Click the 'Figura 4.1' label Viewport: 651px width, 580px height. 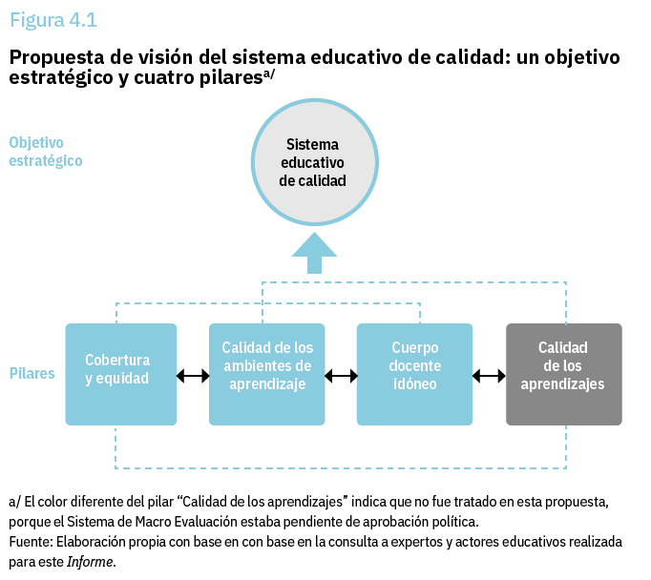[x=53, y=20]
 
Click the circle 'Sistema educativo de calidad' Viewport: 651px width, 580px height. [x=314, y=162]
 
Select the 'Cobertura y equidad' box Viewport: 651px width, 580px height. [x=121, y=374]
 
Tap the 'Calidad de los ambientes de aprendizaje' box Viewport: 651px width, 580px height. [x=267, y=374]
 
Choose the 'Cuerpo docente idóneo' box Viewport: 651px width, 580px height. [x=415, y=374]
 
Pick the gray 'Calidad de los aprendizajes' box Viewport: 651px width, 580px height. [x=564, y=374]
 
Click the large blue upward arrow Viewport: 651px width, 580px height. [x=314, y=253]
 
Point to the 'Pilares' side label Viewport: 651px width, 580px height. [x=31, y=373]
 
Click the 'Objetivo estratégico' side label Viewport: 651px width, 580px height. [x=46, y=152]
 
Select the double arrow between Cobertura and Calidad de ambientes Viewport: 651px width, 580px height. [x=193, y=376]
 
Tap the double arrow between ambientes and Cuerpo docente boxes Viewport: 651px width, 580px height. [x=341, y=376]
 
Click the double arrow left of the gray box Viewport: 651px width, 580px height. [x=489, y=376]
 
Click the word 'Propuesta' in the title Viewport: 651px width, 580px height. [x=57, y=58]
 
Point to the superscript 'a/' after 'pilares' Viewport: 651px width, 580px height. [x=269, y=74]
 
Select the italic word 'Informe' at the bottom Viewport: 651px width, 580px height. [x=90, y=562]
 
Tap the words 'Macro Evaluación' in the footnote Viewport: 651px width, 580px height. [x=190, y=522]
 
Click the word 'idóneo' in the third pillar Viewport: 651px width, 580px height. [x=415, y=383]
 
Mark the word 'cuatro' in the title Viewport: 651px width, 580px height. [x=164, y=78]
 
